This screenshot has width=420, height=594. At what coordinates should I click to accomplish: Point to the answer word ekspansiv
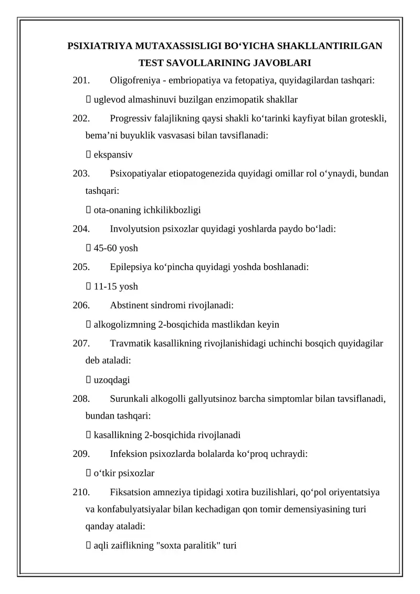[113, 155]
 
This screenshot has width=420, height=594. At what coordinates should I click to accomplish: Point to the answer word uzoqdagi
[112, 380]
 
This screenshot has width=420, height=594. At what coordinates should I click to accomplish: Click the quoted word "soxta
[171, 546]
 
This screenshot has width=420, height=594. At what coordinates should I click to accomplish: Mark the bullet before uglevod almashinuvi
[88, 100]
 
